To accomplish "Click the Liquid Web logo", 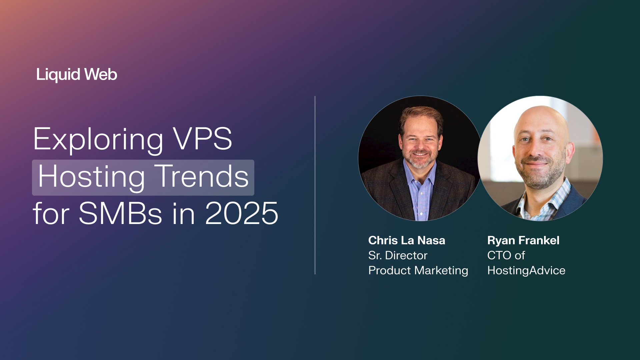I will click(x=77, y=74).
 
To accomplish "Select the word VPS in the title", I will click(x=202, y=139).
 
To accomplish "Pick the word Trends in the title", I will click(x=203, y=177).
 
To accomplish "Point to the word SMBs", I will click(x=120, y=214).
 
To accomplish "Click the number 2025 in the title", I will click(x=242, y=214).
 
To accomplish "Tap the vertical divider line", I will click(x=315, y=185).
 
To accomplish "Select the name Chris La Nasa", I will click(x=406, y=240).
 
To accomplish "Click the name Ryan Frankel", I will click(x=523, y=240).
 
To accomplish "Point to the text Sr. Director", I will click(x=398, y=255).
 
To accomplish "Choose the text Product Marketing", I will click(x=418, y=270).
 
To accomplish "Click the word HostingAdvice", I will click(x=526, y=270).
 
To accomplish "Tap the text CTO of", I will click(x=506, y=255).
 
